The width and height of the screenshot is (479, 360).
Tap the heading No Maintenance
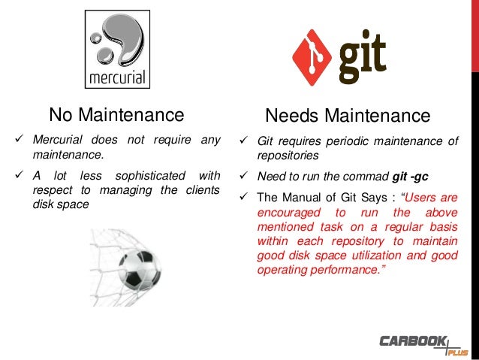[x=116, y=115]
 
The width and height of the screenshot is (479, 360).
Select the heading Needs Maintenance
[x=348, y=116]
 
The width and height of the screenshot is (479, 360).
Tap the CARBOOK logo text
[x=412, y=341]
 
